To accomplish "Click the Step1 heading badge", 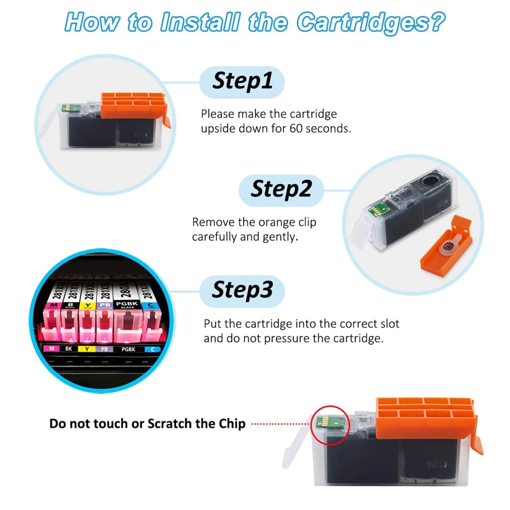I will point(242,81).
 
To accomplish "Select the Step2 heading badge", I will point(281,189).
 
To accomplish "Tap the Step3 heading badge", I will point(242,289).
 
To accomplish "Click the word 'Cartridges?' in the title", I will point(370,23).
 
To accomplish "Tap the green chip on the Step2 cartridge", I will point(377,207).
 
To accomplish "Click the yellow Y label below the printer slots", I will point(86,349).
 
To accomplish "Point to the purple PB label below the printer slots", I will point(103,349).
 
